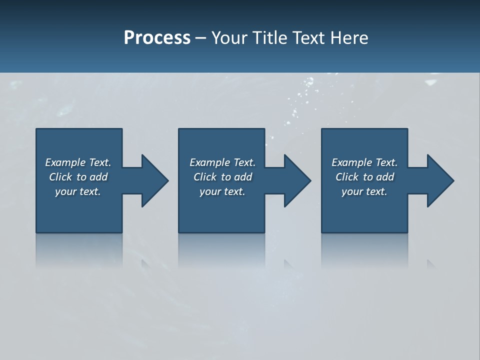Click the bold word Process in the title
(x=157, y=38)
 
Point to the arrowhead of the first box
(x=155, y=180)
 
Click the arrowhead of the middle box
(x=297, y=180)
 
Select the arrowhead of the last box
(x=440, y=180)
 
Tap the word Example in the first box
(x=65, y=162)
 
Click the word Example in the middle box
(x=210, y=162)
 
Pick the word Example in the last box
(x=352, y=162)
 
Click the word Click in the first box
(x=60, y=177)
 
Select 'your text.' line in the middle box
(x=222, y=191)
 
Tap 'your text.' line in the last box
(x=364, y=191)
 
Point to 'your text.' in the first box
(x=77, y=191)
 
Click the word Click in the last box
(x=347, y=177)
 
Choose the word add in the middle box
(x=243, y=177)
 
